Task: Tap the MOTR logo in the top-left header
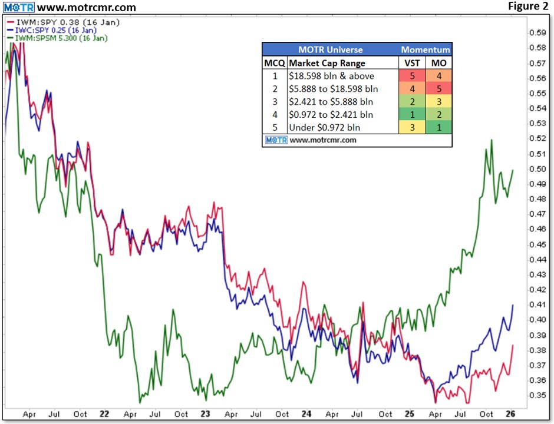coord(18,8)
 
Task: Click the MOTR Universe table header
coord(331,49)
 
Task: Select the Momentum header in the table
coord(426,49)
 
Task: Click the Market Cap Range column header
coord(327,63)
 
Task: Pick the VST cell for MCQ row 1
coord(413,76)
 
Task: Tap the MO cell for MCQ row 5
coord(439,128)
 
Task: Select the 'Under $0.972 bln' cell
coord(325,128)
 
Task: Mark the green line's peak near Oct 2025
coord(492,140)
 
